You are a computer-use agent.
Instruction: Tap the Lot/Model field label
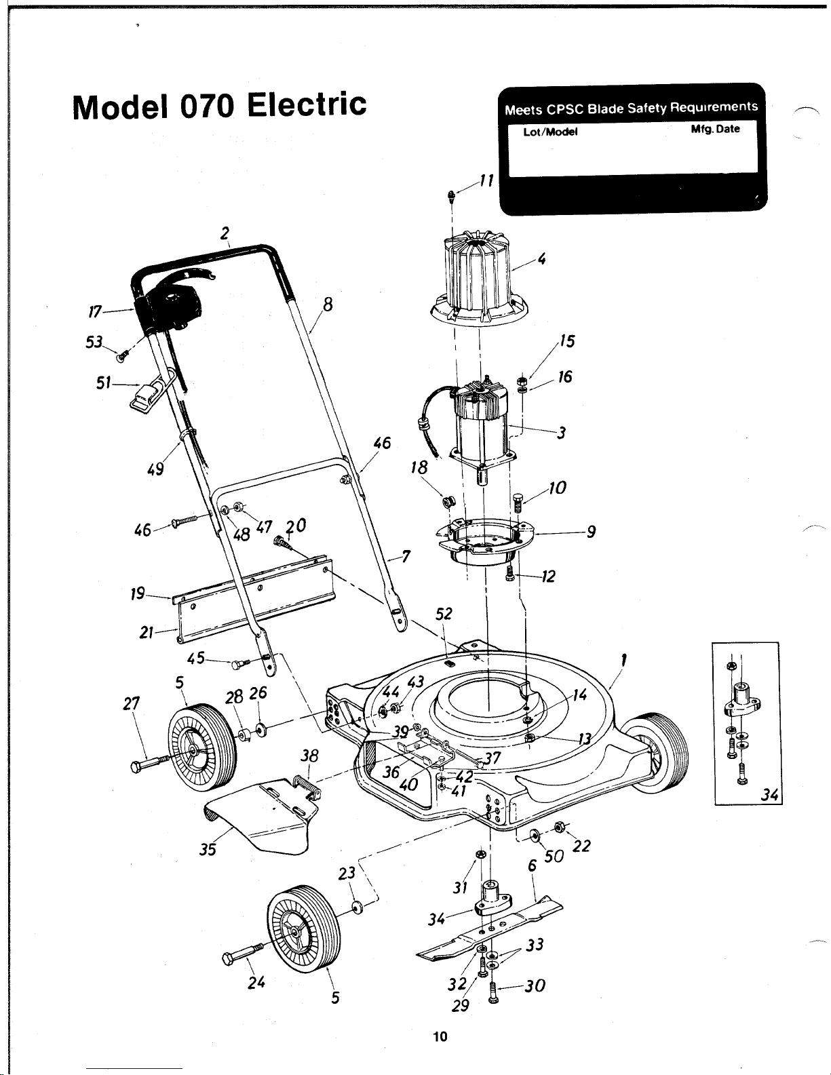[x=551, y=132]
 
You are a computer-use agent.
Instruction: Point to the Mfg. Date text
[x=715, y=129]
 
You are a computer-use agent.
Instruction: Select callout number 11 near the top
[x=487, y=181]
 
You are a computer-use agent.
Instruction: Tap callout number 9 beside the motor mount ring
[x=591, y=532]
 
